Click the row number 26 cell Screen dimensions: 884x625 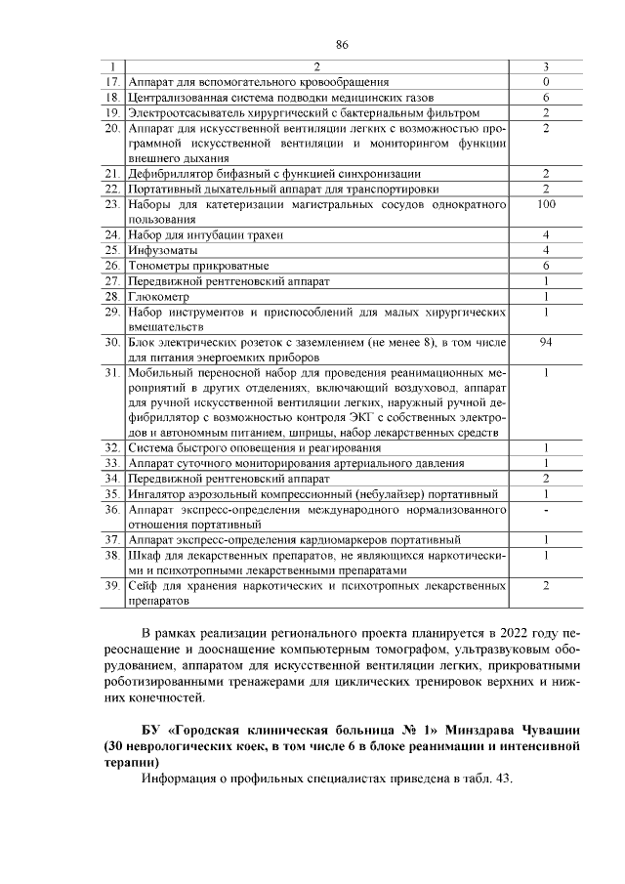point(111,266)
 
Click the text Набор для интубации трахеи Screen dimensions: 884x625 point(203,234)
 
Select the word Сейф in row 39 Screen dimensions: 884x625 point(143,585)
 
